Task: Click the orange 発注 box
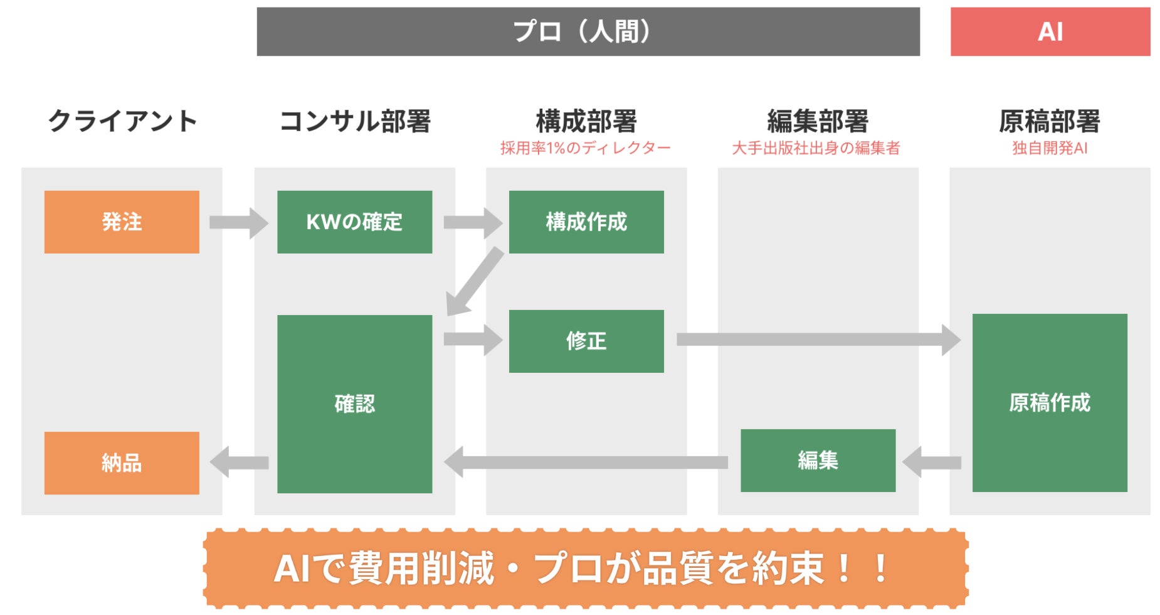tap(122, 222)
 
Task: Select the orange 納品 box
tap(122, 463)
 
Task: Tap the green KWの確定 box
tap(354, 222)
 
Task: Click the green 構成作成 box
tap(586, 222)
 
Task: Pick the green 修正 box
tap(586, 341)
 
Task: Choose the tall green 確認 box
tap(354, 404)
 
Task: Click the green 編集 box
tap(818, 461)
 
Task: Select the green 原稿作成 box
tap(1050, 403)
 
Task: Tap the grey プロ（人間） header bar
tap(588, 31)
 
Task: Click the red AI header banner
tap(1050, 31)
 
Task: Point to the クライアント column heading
tap(122, 121)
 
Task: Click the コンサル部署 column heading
tap(355, 121)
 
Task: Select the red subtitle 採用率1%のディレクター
tap(586, 148)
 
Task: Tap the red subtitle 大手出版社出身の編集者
tap(816, 148)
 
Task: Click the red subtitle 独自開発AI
tap(1050, 148)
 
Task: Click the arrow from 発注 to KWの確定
tap(238, 223)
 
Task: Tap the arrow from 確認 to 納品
tap(239, 463)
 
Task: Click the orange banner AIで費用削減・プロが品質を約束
tap(586, 569)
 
